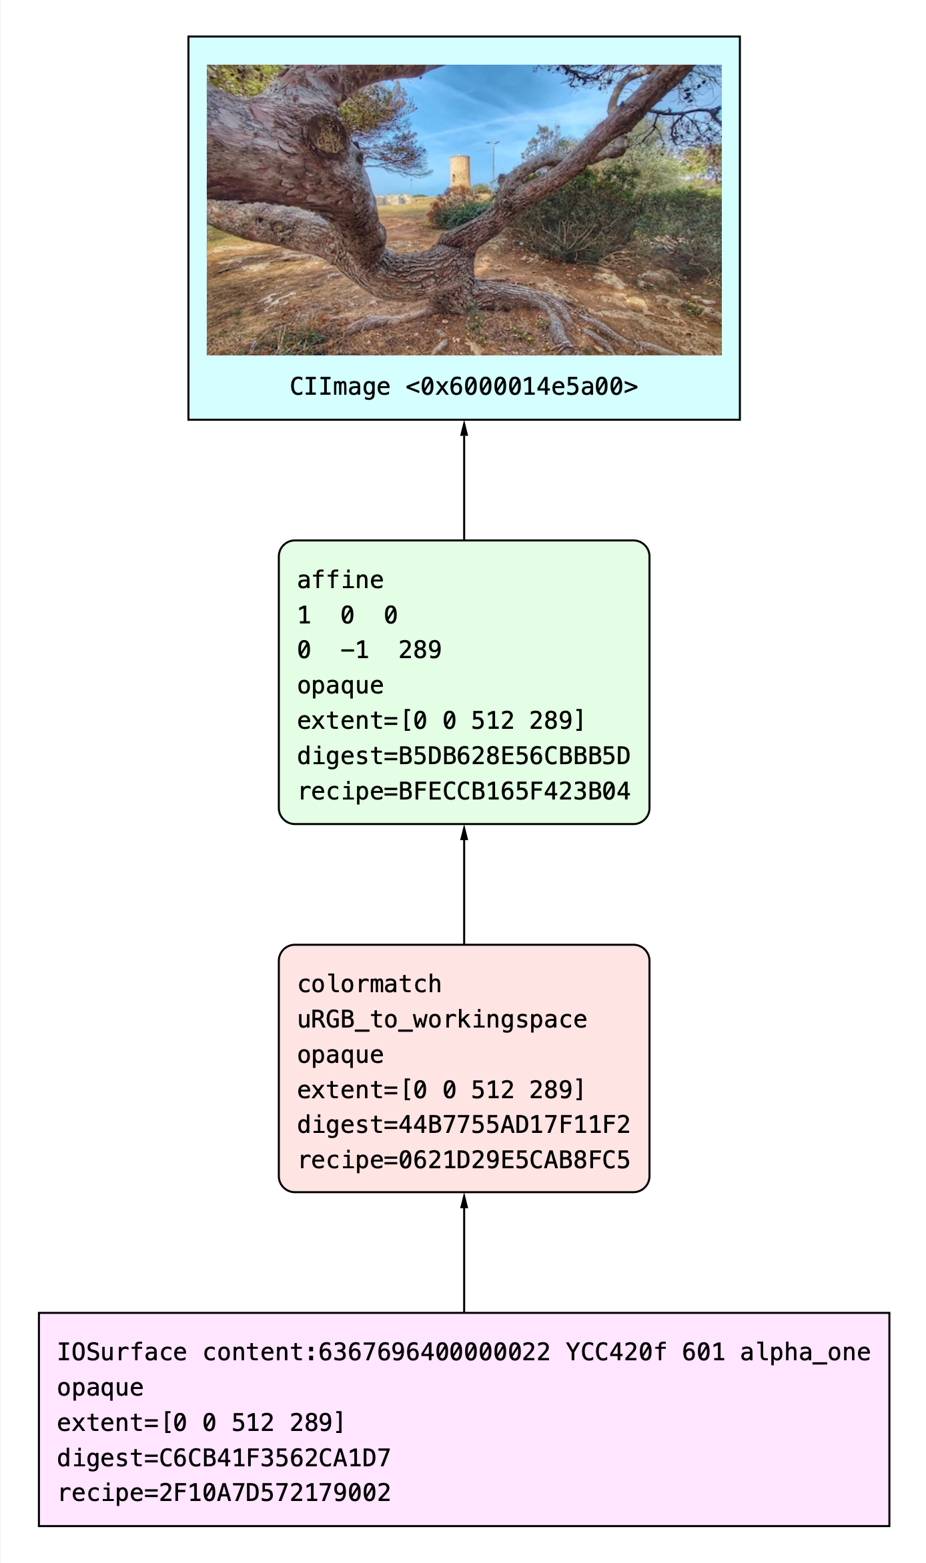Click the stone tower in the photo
click(459, 173)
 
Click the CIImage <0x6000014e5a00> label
click(464, 387)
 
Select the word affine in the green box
click(340, 580)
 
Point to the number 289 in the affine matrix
click(420, 650)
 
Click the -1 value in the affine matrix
click(354, 650)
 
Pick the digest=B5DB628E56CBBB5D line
click(464, 756)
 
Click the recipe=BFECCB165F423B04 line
click(464, 792)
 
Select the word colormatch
click(369, 984)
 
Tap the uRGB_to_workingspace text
click(442, 1020)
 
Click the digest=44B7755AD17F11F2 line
click(464, 1125)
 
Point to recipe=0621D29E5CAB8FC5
click(464, 1160)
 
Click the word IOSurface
click(122, 1352)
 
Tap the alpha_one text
click(805, 1352)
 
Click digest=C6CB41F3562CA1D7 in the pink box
click(224, 1458)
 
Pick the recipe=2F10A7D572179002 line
click(224, 1493)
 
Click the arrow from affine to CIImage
click(464, 480)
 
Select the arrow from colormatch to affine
click(464, 884)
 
